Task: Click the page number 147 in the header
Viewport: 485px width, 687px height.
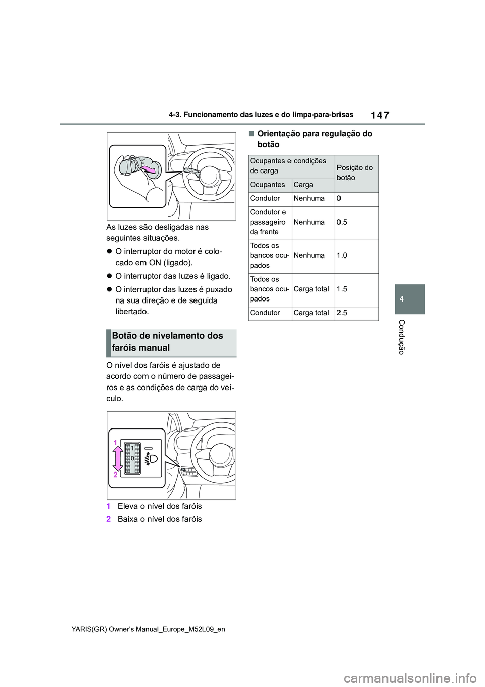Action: coord(380,115)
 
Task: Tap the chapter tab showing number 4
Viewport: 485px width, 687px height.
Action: coord(402,299)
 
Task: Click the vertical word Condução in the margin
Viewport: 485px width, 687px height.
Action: coord(402,337)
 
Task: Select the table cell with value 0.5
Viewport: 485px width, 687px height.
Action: coord(342,222)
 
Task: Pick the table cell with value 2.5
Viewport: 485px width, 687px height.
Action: coord(342,313)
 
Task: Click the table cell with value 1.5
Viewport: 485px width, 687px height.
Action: coord(342,289)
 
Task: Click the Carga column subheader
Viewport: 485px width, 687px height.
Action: coord(303,185)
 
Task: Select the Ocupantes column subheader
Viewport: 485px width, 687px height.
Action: coord(268,185)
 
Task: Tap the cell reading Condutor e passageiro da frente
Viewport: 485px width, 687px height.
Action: coord(268,222)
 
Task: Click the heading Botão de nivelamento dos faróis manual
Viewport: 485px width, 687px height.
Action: coord(168,341)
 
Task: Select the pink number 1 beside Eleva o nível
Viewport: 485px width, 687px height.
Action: coord(108,506)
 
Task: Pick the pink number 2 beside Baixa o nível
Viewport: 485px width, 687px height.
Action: coord(108,519)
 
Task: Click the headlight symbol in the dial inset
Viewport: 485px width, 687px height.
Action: coord(151,459)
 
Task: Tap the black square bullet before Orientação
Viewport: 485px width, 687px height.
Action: coord(251,134)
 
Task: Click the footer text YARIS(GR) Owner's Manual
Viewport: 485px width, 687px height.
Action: coord(149,629)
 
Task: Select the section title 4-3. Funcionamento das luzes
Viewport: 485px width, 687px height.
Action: coord(261,115)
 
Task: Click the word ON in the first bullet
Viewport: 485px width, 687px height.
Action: coord(155,263)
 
